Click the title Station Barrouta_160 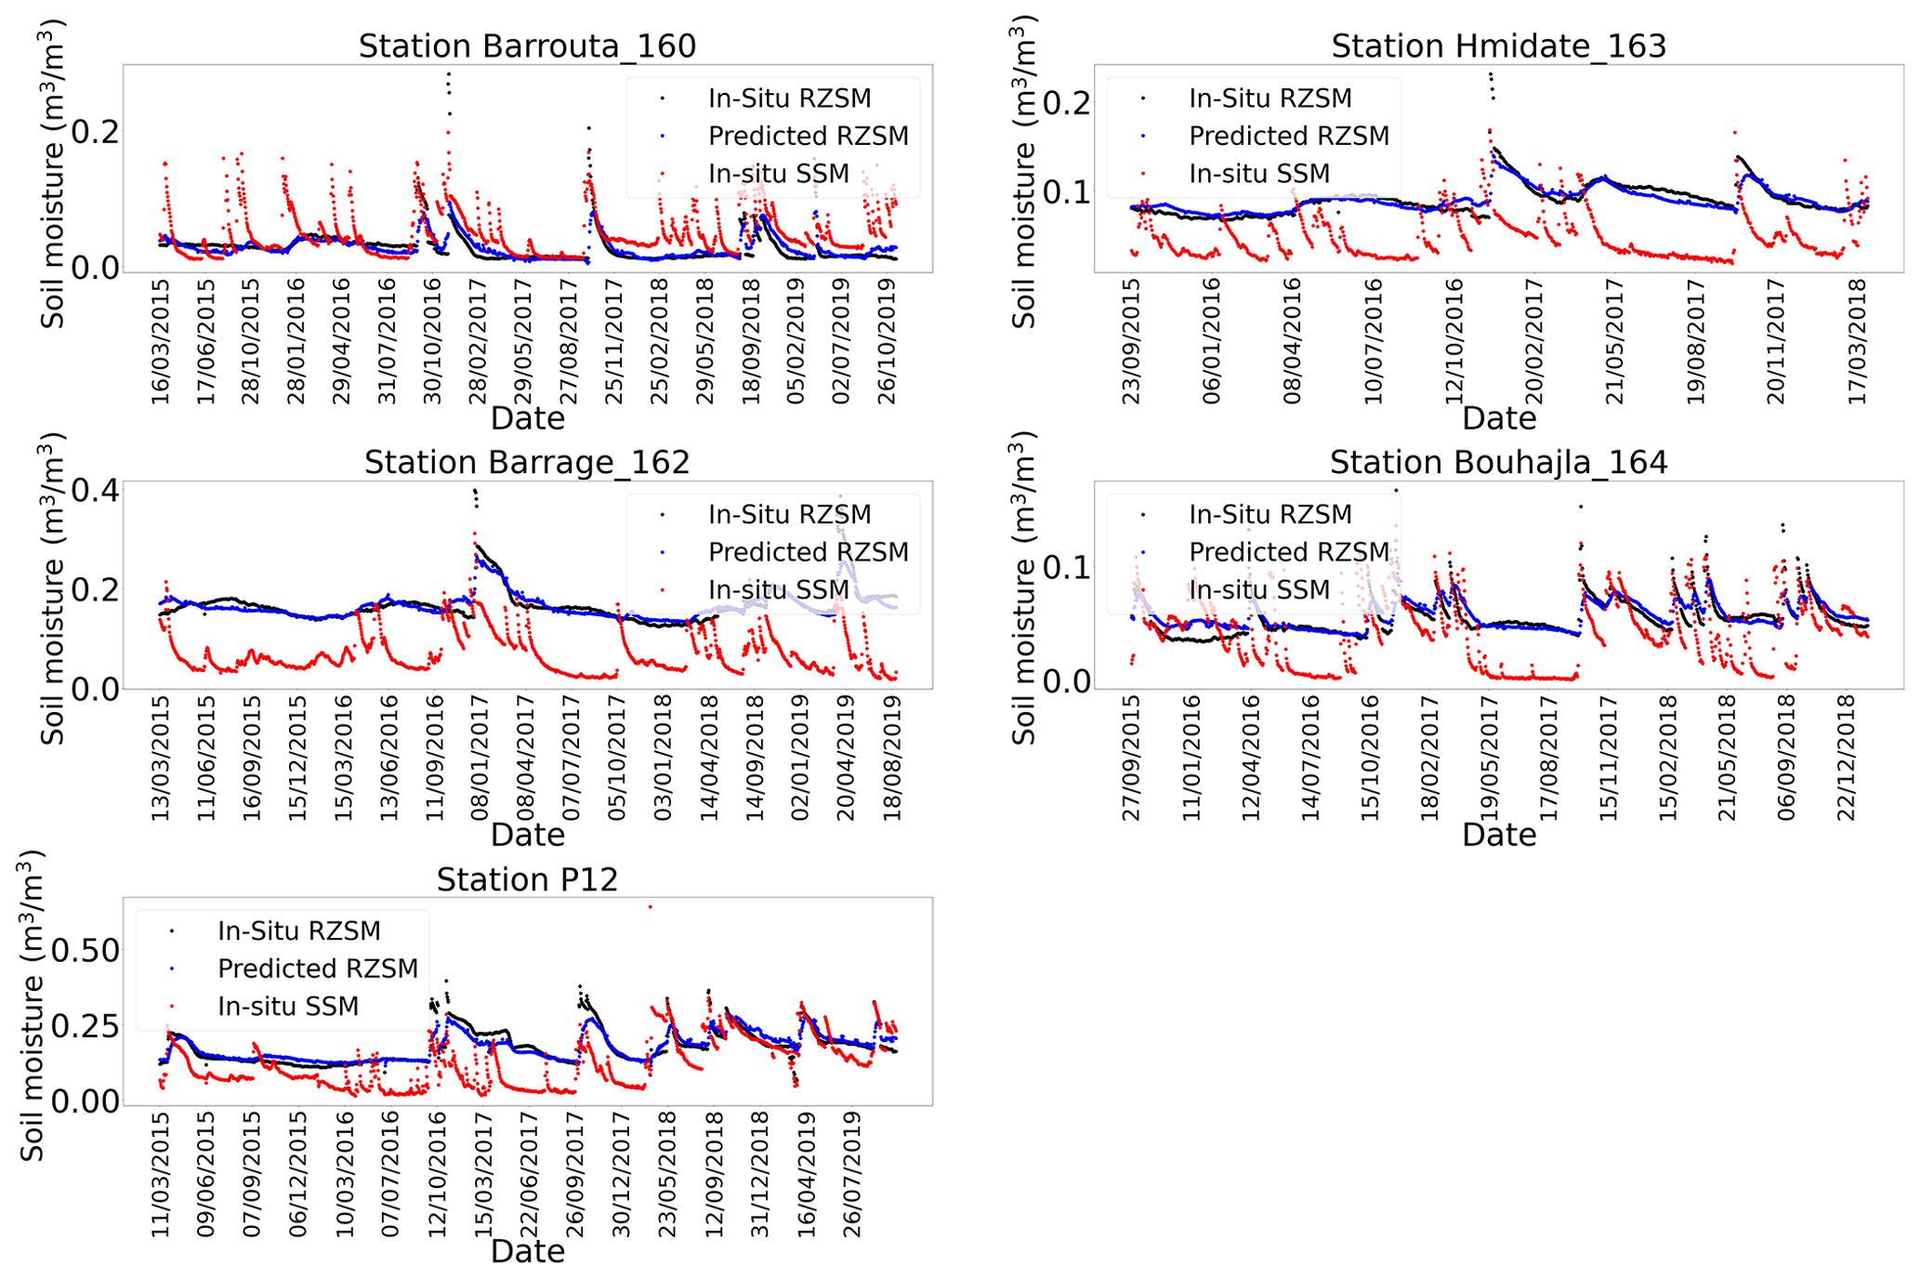(x=527, y=46)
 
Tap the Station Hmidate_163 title (x=1498, y=46)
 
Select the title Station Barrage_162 (x=527, y=463)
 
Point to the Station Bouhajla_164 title (x=1498, y=463)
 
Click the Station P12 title (x=527, y=879)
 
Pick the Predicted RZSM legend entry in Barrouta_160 (x=808, y=137)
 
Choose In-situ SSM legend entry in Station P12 (x=287, y=1007)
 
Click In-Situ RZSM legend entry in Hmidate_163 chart (x=1270, y=99)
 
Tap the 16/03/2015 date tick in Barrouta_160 (x=161, y=341)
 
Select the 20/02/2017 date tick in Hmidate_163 (x=1534, y=341)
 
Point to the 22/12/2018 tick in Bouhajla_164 (x=1846, y=758)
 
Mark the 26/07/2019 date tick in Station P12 (x=852, y=1174)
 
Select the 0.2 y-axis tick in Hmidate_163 (x=1068, y=102)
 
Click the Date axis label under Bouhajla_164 (x=1498, y=835)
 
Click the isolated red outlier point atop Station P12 (x=650, y=906)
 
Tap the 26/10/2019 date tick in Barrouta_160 (x=888, y=341)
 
